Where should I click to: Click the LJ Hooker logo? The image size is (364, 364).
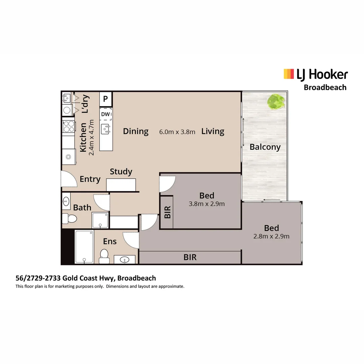coord(315,74)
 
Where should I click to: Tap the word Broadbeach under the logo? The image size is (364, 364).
coord(325,87)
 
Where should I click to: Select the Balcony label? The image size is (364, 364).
coord(265,147)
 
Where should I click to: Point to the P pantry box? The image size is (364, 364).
coord(105,99)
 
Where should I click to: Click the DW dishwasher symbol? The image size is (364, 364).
coord(105,114)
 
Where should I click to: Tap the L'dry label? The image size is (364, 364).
coord(85,104)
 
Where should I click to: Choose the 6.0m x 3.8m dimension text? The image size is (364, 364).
coord(177,132)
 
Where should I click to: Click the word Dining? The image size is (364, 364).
coord(135,131)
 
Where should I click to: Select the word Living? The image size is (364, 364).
coord(213,131)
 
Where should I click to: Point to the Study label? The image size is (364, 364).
coord(121,172)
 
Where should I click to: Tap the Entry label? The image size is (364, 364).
coord(90,179)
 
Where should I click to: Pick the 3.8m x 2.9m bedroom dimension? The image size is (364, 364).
coord(207,204)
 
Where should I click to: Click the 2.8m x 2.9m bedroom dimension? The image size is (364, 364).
coord(271,236)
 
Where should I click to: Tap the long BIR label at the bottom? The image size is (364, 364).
coord(190,257)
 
